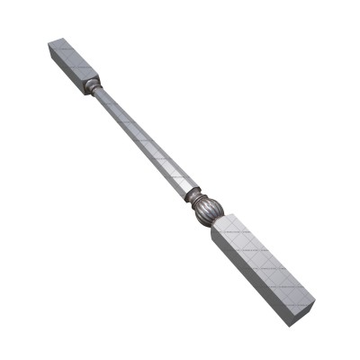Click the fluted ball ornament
point(207,210)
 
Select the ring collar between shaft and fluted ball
point(192,192)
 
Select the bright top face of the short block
point(76,58)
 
